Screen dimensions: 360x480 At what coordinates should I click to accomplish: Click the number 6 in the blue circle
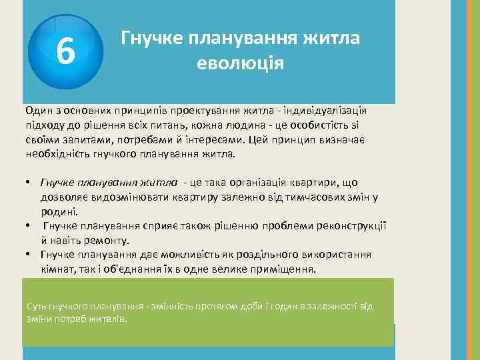pos(65,51)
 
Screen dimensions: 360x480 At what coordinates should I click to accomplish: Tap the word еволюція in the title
pos(241,64)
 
